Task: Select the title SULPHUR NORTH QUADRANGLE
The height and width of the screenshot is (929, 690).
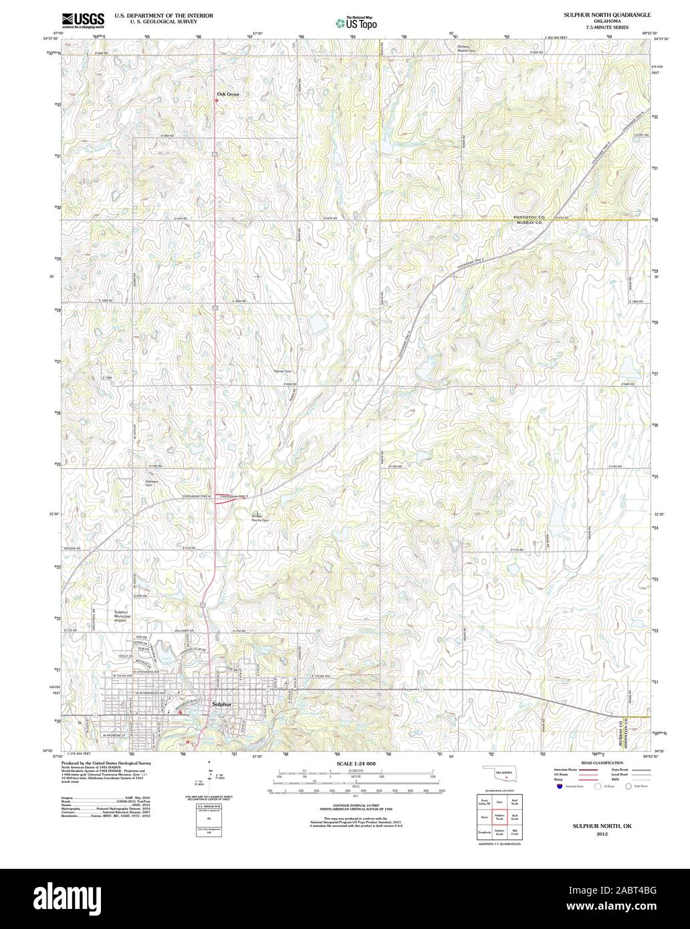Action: [x=598, y=14]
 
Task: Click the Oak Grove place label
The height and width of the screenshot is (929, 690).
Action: [x=227, y=94]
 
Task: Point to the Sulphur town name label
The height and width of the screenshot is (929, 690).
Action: [x=221, y=704]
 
